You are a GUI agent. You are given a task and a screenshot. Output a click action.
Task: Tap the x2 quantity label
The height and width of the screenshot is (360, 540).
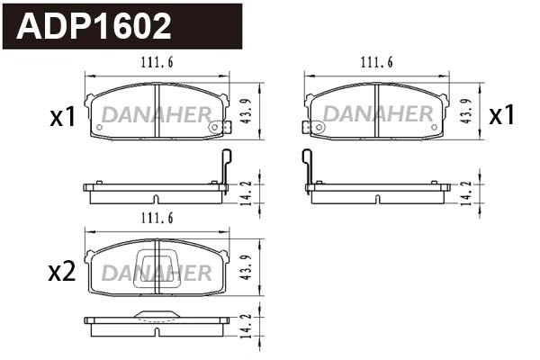[x=62, y=272]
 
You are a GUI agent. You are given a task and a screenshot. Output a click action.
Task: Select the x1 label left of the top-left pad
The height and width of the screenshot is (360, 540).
[x=62, y=116]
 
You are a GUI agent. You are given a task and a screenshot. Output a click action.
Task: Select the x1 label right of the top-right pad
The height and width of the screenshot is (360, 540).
[x=500, y=115]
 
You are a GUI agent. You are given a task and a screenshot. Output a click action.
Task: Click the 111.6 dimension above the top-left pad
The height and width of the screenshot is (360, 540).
[x=155, y=62]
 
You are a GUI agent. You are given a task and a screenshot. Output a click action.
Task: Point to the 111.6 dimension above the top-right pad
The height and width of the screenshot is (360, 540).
[x=376, y=62]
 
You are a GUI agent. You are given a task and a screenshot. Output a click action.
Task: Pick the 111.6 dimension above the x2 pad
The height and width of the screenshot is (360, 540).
[x=155, y=218]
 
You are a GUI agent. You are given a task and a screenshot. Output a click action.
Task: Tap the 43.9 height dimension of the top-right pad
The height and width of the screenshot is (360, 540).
[x=465, y=112]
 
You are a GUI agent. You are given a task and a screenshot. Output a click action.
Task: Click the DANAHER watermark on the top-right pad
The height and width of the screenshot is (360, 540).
[x=378, y=113]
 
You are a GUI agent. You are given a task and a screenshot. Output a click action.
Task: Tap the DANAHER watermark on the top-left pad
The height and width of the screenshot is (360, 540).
[x=156, y=113]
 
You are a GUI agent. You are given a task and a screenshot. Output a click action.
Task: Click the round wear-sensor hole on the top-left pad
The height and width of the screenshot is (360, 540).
[x=214, y=128]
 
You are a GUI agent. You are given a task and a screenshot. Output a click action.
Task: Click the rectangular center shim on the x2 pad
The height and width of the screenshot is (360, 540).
[x=156, y=268]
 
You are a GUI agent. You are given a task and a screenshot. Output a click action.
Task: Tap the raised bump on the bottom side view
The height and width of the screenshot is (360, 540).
[x=156, y=315]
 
